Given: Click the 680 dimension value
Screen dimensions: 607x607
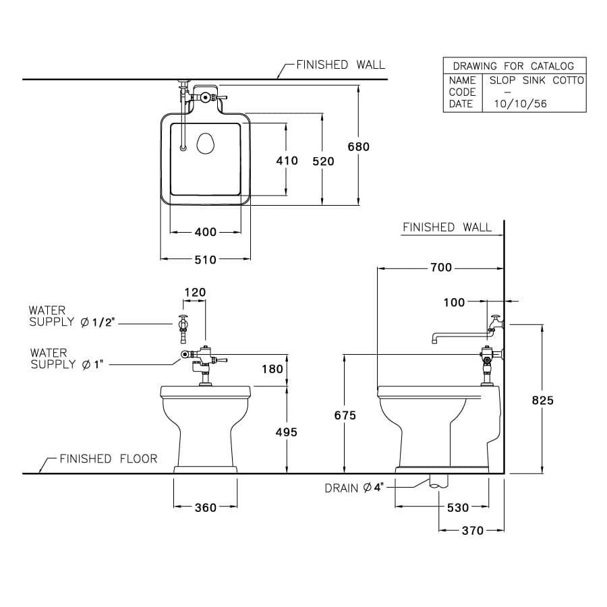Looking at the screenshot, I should point(358,146).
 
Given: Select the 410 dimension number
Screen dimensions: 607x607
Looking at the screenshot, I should point(287,161).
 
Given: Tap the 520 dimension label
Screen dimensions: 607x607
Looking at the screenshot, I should point(323,161).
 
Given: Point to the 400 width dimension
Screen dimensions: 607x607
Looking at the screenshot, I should point(205,232).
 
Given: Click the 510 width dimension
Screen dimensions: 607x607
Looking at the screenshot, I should point(205,259).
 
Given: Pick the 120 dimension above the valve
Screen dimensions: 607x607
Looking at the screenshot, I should point(195,292).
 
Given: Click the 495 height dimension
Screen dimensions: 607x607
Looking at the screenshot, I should point(287,432).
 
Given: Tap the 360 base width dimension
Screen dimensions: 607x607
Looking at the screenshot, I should point(205,507).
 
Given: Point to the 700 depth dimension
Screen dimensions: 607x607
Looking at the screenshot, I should point(440,268).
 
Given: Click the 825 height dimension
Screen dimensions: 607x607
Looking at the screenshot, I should point(542,400).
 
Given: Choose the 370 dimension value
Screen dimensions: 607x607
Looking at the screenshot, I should point(472,531).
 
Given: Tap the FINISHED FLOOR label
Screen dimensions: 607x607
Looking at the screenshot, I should point(108,459).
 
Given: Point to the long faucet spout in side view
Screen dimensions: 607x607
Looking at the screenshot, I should point(459,335).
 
